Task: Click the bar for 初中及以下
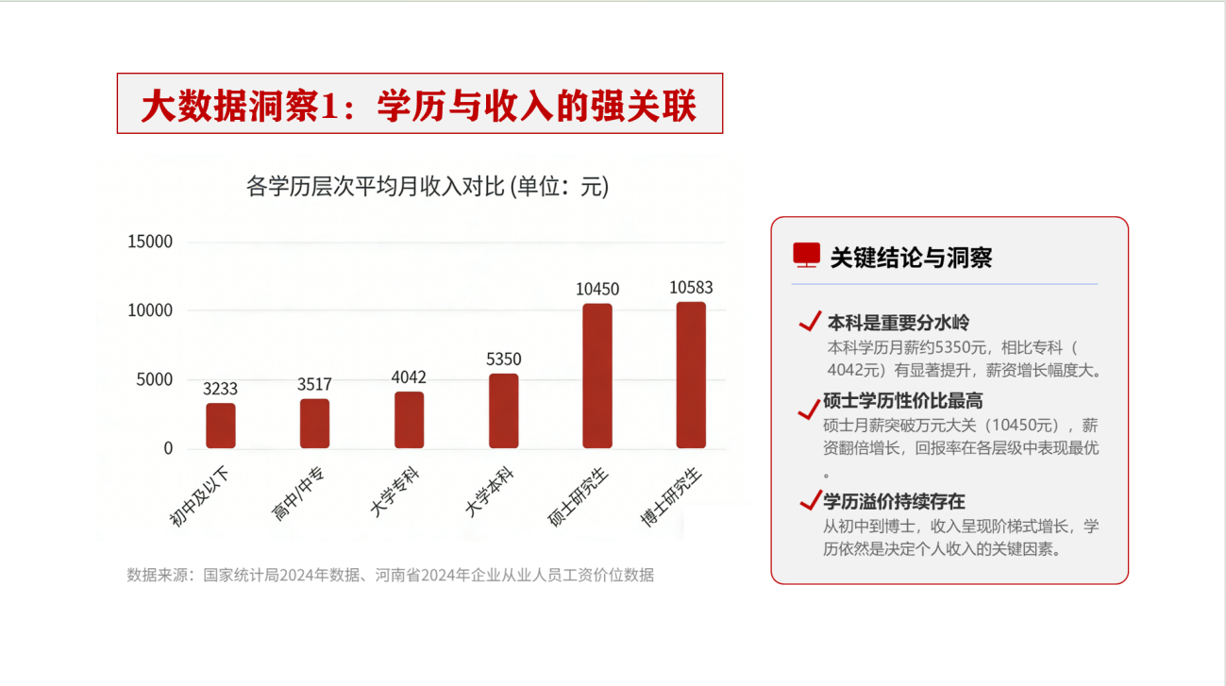220,426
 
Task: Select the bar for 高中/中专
314,424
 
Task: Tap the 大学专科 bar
409,420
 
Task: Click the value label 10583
691,288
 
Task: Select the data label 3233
220,389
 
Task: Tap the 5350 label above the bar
503,360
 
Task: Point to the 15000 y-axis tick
150,242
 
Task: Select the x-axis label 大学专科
395,494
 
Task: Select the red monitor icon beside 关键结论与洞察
806,256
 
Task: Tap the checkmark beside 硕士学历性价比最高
808,408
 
